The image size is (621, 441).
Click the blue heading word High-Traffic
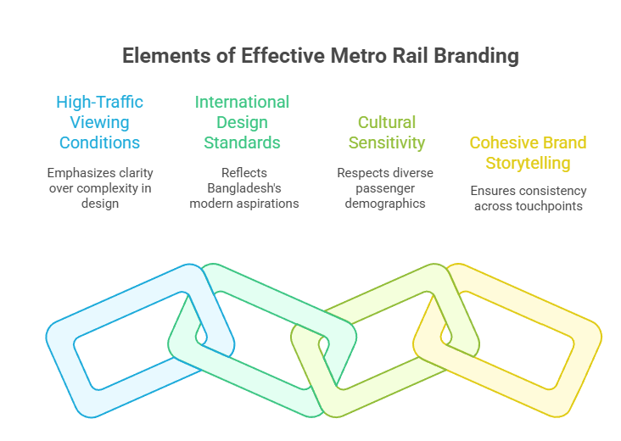click(99, 102)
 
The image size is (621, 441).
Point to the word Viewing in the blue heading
click(99, 122)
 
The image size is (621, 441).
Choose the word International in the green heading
click(242, 102)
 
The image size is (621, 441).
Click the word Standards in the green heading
click(242, 142)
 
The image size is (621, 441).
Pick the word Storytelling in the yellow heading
click(528, 162)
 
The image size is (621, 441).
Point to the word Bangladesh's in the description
click(243, 188)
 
